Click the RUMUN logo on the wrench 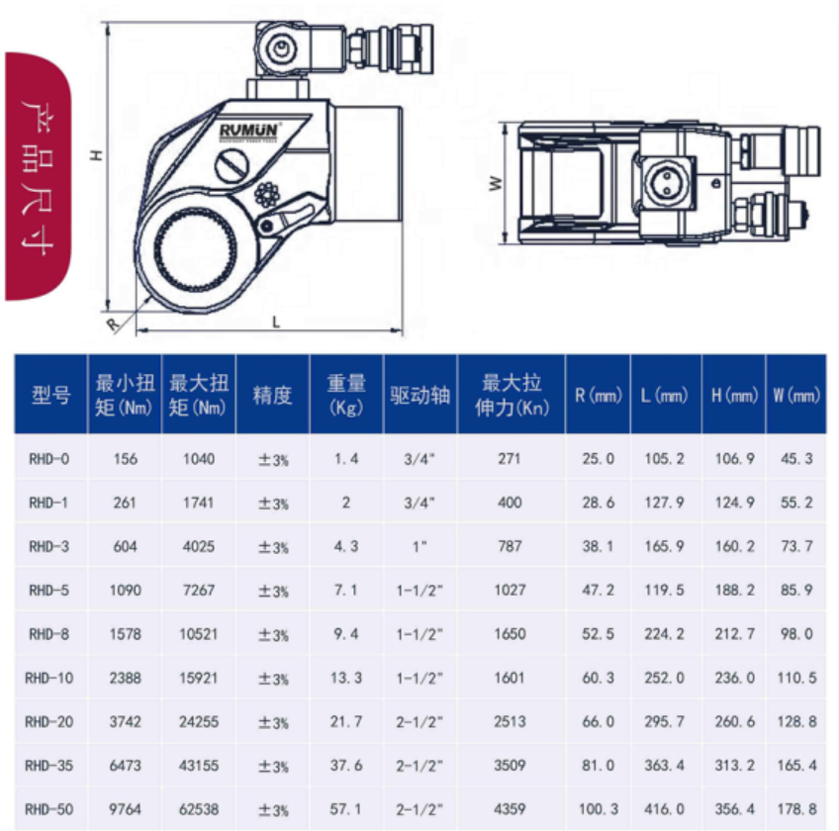pyautogui.click(x=249, y=131)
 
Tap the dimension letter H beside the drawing pyautogui.click(x=96, y=155)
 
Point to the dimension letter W pyautogui.click(x=496, y=184)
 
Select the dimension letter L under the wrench pyautogui.click(x=276, y=322)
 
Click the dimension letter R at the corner pyautogui.click(x=113, y=324)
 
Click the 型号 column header pyautogui.click(x=50, y=395)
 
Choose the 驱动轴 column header pyautogui.click(x=420, y=395)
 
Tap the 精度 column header pyautogui.click(x=272, y=395)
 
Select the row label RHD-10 pyautogui.click(x=49, y=678)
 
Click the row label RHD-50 pyautogui.click(x=49, y=809)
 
